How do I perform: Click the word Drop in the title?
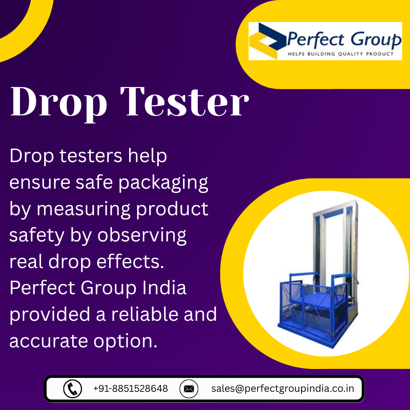pyautogui.click(x=58, y=104)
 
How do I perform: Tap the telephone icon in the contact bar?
pyautogui.click(x=73, y=389)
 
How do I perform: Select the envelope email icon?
pyautogui.click(x=189, y=389)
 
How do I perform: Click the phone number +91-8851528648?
pyautogui.click(x=131, y=389)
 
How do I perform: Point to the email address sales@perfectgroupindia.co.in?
pyautogui.click(x=283, y=389)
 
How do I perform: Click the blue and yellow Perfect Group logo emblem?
pyautogui.click(x=267, y=41)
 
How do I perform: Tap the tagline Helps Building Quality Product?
pyautogui.click(x=341, y=54)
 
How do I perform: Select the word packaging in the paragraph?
pyautogui.click(x=163, y=183)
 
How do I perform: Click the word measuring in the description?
pyautogui.click(x=84, y=210)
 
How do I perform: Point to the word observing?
pyautogui.click(x=142, y=236)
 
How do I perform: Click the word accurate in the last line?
pyautogui.click(x=49, y=341)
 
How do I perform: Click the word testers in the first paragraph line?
pyautogui.click(x=91, y=156)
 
